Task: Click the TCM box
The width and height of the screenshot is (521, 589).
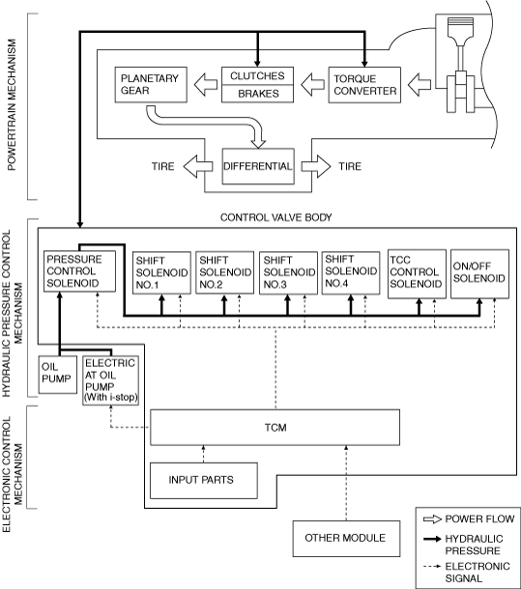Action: [275, 428]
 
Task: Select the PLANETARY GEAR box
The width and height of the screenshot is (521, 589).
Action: [151, 85]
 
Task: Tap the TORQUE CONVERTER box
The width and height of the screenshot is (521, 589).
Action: [364, 85]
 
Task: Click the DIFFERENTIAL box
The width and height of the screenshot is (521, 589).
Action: [258, 166]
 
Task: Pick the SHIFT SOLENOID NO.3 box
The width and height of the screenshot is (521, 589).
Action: [288, 273]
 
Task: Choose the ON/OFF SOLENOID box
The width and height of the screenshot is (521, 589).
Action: [479, 274]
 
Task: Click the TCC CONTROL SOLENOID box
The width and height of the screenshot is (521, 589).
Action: [417, 274]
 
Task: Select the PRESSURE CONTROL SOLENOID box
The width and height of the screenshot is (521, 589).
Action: [80, 271]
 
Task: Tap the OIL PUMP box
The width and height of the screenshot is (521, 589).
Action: [58, 375]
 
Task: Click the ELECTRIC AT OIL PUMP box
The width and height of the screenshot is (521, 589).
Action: [110, 380]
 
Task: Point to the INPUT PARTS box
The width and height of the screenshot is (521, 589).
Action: [204, 481]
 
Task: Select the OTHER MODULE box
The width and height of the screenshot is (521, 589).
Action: [346, 538]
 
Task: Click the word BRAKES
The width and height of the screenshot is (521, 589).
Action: [258, 94]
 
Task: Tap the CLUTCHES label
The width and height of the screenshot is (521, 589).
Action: [257, 76]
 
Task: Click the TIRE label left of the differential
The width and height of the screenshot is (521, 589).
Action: [163, 166]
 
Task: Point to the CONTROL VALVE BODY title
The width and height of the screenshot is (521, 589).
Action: [276, 217]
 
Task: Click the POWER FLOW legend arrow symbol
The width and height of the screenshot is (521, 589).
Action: [432, 519]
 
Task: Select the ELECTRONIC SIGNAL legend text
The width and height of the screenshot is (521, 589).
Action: [478, 572]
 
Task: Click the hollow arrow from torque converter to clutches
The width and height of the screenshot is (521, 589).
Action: [312, 85]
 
